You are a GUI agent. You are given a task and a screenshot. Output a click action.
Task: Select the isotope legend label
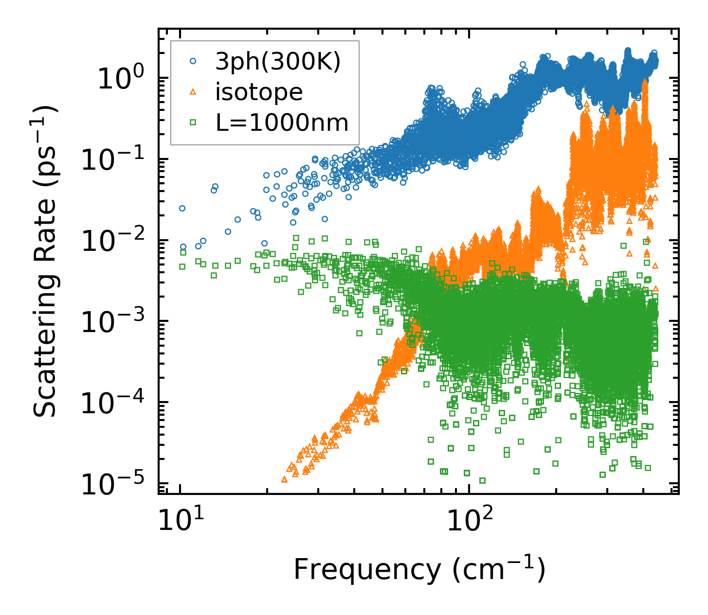(x=259, y=92)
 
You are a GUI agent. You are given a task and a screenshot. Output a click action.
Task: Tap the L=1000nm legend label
(x=282, y=123)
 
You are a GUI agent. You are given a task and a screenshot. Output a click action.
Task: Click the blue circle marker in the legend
(x=193, y=61)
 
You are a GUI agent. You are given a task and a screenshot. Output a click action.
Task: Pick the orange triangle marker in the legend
(x=193, y=92)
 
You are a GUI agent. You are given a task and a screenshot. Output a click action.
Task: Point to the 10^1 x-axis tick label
(x=179, y=520)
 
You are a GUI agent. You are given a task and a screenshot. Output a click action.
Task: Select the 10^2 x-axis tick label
(x=468, y=520)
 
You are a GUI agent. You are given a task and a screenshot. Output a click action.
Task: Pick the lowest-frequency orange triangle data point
(x=285, y=479)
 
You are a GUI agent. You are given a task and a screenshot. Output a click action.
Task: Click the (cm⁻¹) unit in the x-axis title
(x=498, y=569)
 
